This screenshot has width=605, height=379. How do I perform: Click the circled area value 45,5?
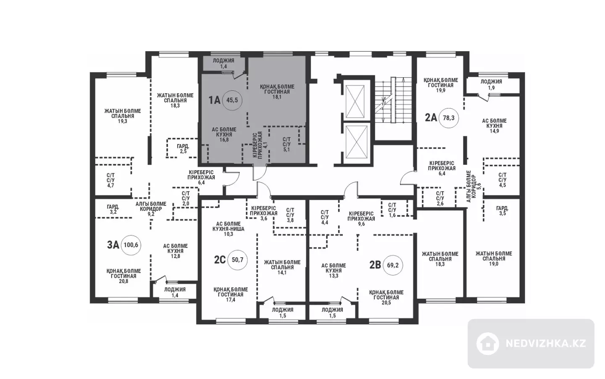pyautogui.click(x=232, y=100)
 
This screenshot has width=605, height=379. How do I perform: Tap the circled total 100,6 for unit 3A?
pyautogui.click(x=131, y=245)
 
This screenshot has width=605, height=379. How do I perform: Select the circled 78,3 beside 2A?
pyautogui.click(x=449, y=118)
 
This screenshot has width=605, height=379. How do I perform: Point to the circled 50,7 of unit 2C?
pyautogui.click(x=237, y=260)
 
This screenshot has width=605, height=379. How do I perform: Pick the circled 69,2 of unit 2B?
pyautogui.click(x=393, y=265)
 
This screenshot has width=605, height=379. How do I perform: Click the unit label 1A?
pyautogui.click(x=214, y=100)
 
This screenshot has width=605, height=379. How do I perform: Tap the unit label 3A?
pyautogui.click(x=113, y=245)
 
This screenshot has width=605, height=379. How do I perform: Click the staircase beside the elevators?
pyautogui.click(x=393, y=100)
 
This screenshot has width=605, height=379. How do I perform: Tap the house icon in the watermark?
pyautogui.click(x=487, y=344)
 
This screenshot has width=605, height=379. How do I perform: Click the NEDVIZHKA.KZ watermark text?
pyautogui.click(x=546, y=344)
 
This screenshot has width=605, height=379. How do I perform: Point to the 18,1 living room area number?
pyautogui.click(x=277, y=97)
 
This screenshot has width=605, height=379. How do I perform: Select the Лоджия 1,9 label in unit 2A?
pyautogui.click(x=492, y=84)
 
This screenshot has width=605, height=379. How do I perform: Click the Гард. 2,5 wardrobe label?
pyautogui.click(x=183, y=149)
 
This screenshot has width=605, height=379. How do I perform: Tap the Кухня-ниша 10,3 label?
pyautogui.click(x=229, y=229)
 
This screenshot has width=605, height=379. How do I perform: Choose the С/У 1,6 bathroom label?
pyautogui.click(x=392, y=210)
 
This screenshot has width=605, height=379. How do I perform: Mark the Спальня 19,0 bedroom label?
pyautogui.click(x=494, y=259)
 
